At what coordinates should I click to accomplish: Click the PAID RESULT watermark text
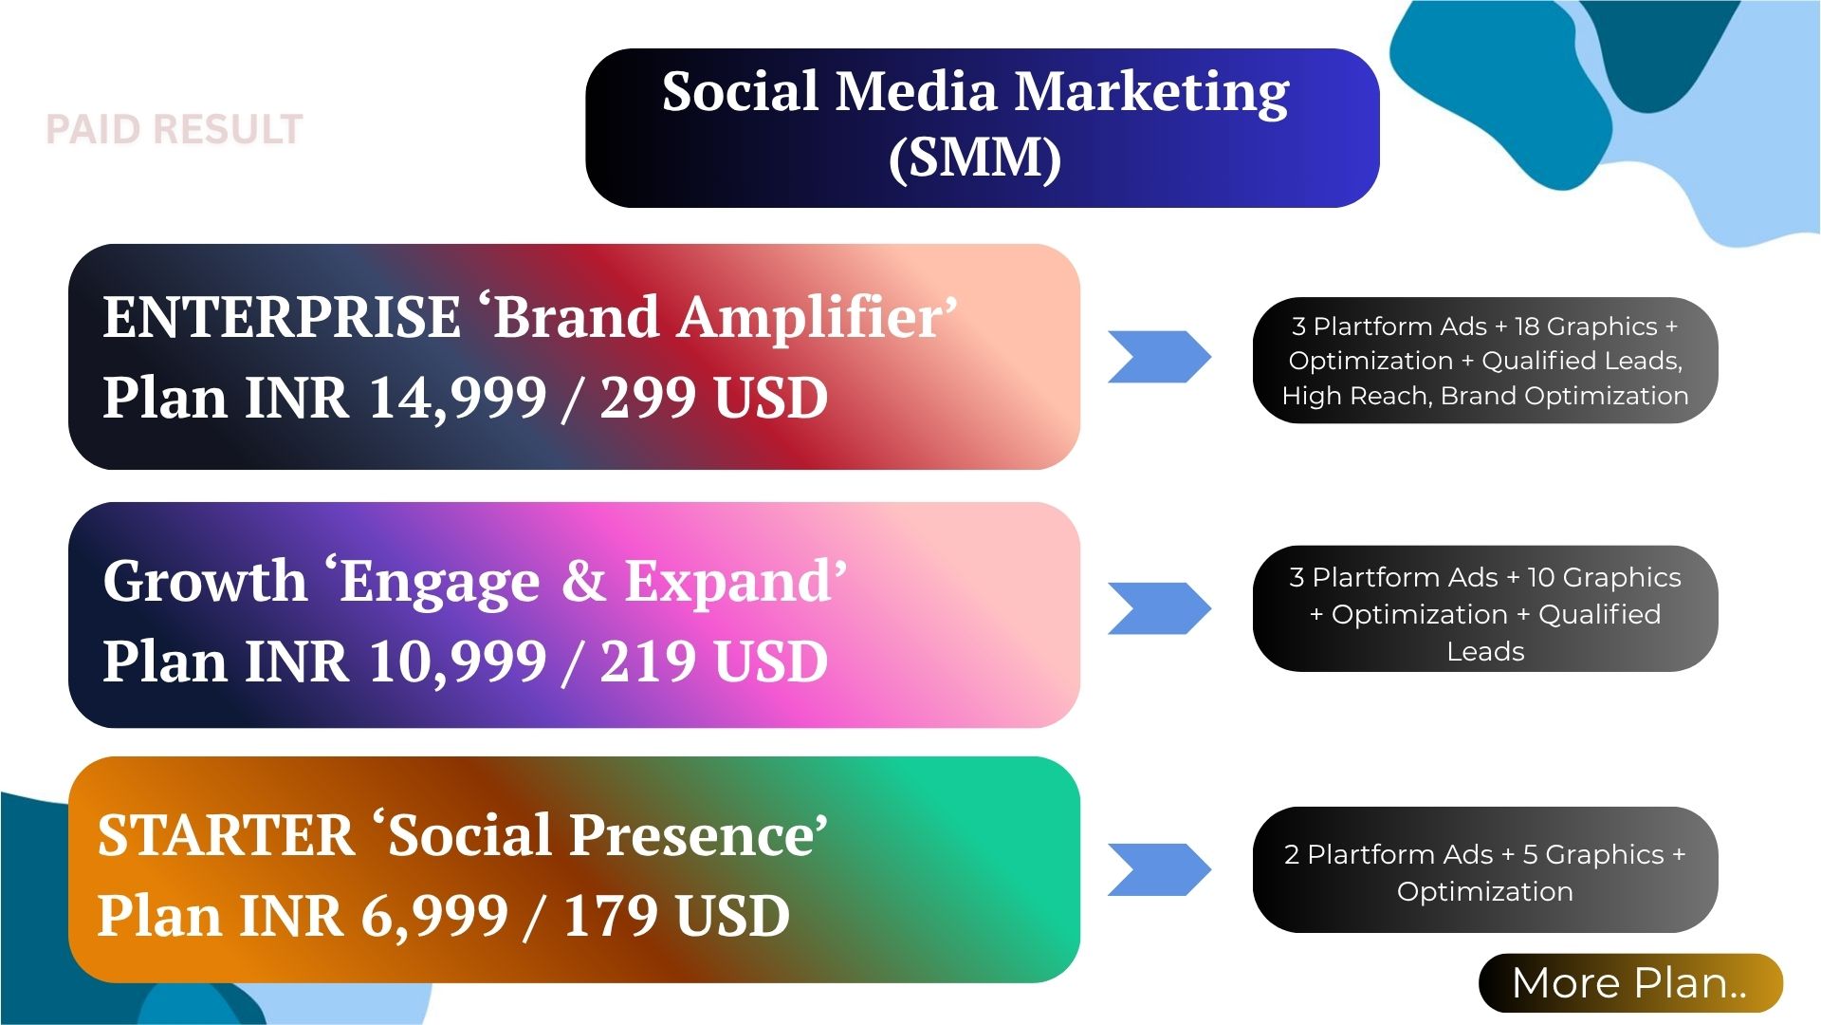point(175,130)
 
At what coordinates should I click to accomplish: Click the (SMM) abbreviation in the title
point(975,158)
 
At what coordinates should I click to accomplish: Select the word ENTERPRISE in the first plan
point(282,317)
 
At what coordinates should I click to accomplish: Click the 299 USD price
point(714,398)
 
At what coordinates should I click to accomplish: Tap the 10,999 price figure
point(457,662)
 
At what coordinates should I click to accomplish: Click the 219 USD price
point(714,662)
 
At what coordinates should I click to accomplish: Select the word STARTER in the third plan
point(226,835)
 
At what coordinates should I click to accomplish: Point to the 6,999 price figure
point(434,916)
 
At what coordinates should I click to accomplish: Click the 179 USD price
point(676,916)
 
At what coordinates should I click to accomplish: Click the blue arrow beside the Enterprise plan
point(1160,357)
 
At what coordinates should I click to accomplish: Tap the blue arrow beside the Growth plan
point(1160,608)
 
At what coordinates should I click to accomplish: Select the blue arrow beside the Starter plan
point(1160,869)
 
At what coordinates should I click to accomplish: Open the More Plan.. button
point(1630,983)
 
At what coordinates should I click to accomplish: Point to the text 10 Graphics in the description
point(1604,578)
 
